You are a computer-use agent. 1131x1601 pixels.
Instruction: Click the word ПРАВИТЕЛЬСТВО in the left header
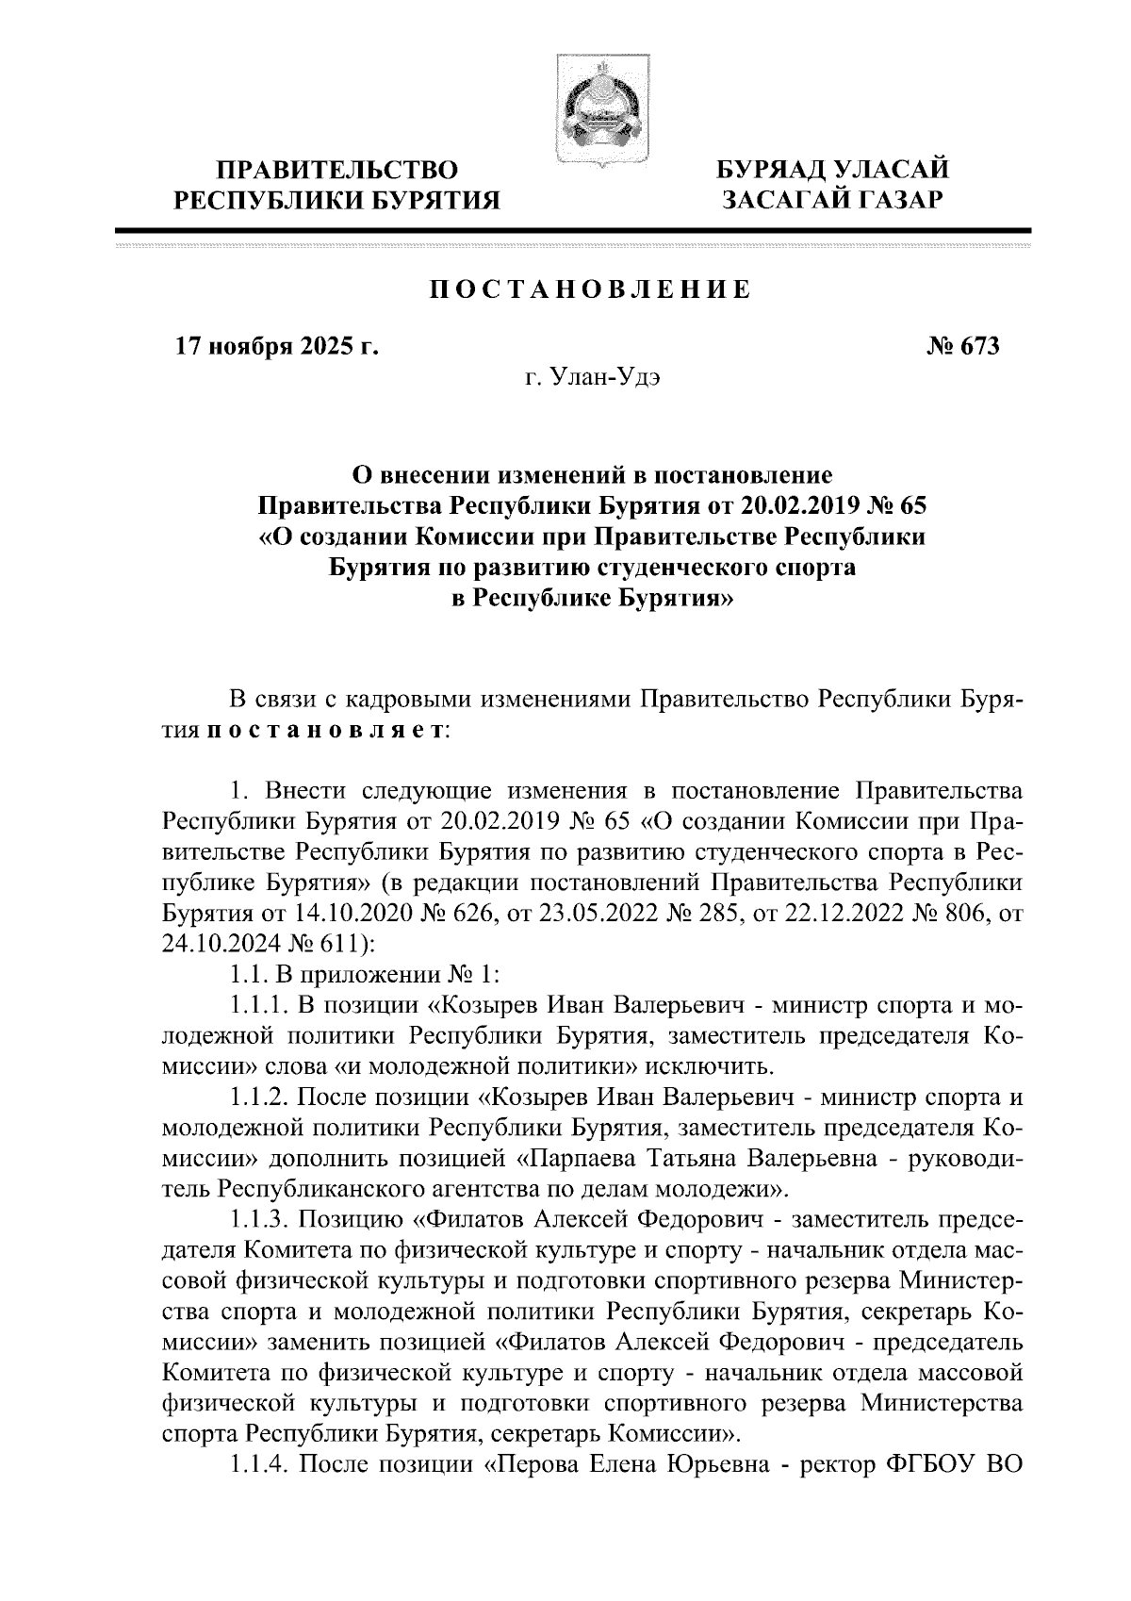click(339, 171)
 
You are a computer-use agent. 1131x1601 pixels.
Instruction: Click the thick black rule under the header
click(572, 230)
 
